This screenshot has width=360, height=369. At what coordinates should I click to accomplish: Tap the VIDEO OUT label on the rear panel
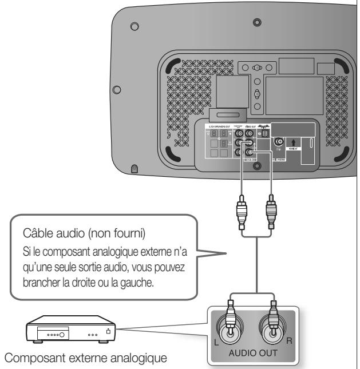pyautogui.click(x=252, y=126)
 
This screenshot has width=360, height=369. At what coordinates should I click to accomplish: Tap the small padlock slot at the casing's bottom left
pyautogui.click(x=134, y=169)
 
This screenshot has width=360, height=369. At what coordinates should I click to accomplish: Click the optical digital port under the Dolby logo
pyautogui.click(x=266, y=133)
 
